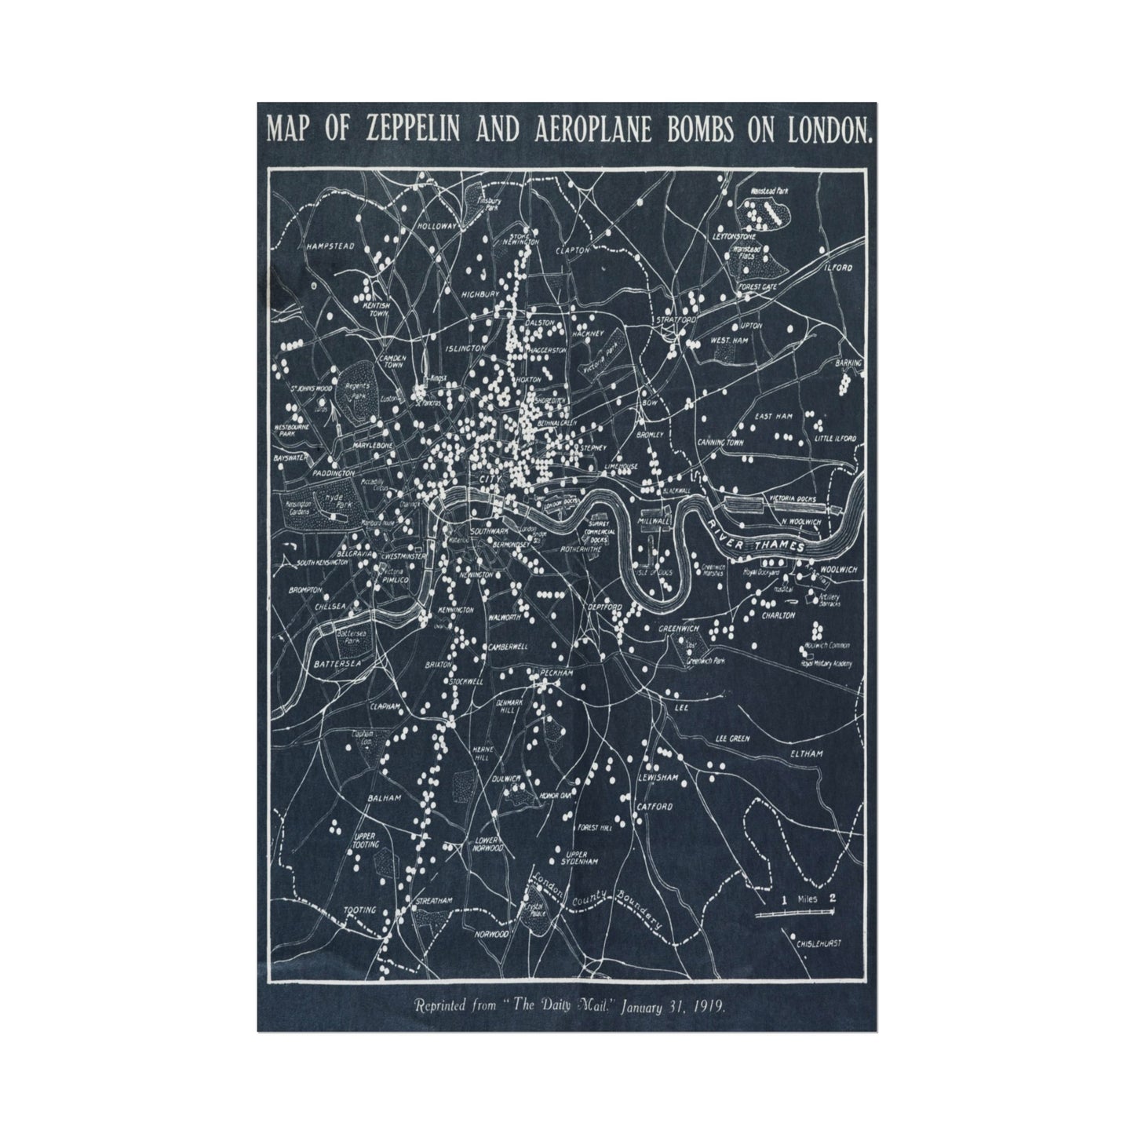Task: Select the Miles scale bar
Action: coord(793,913)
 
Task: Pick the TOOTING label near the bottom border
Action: coord(360,910)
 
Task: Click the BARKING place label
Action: coord(849,363)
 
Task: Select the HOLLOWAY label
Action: coord(437,225)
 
